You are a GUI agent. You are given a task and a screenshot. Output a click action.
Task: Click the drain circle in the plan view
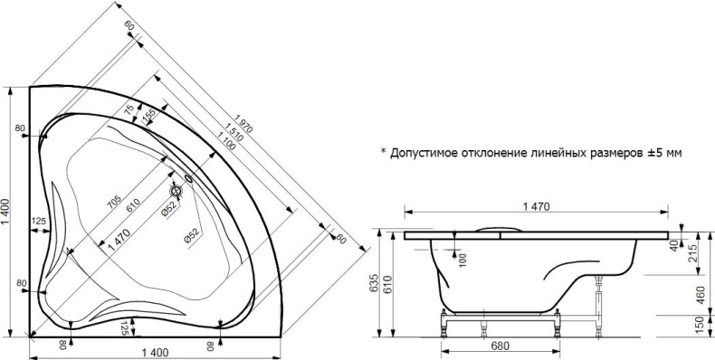177,191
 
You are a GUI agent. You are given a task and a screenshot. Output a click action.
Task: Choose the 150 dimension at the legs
700,324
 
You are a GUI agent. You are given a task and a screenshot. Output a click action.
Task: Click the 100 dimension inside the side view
462,259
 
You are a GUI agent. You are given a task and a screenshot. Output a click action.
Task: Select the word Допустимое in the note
425,153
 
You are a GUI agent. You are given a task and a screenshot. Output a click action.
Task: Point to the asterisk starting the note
383,152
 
